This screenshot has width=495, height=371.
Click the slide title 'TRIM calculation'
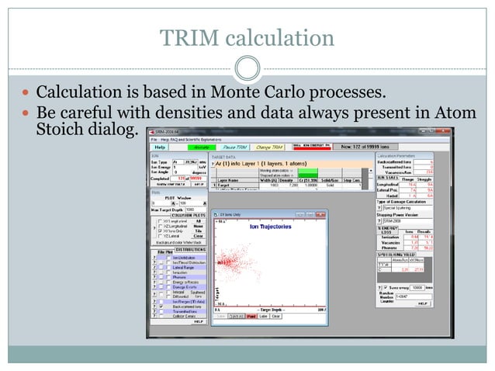[x=247, y=37]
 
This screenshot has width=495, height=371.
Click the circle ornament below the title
[x=247, y=68]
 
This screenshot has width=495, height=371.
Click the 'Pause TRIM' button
[x=234, y=146]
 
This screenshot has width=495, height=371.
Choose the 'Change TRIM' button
[x=268, y=146]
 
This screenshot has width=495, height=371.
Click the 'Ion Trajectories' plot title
[x=265, y=226]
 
